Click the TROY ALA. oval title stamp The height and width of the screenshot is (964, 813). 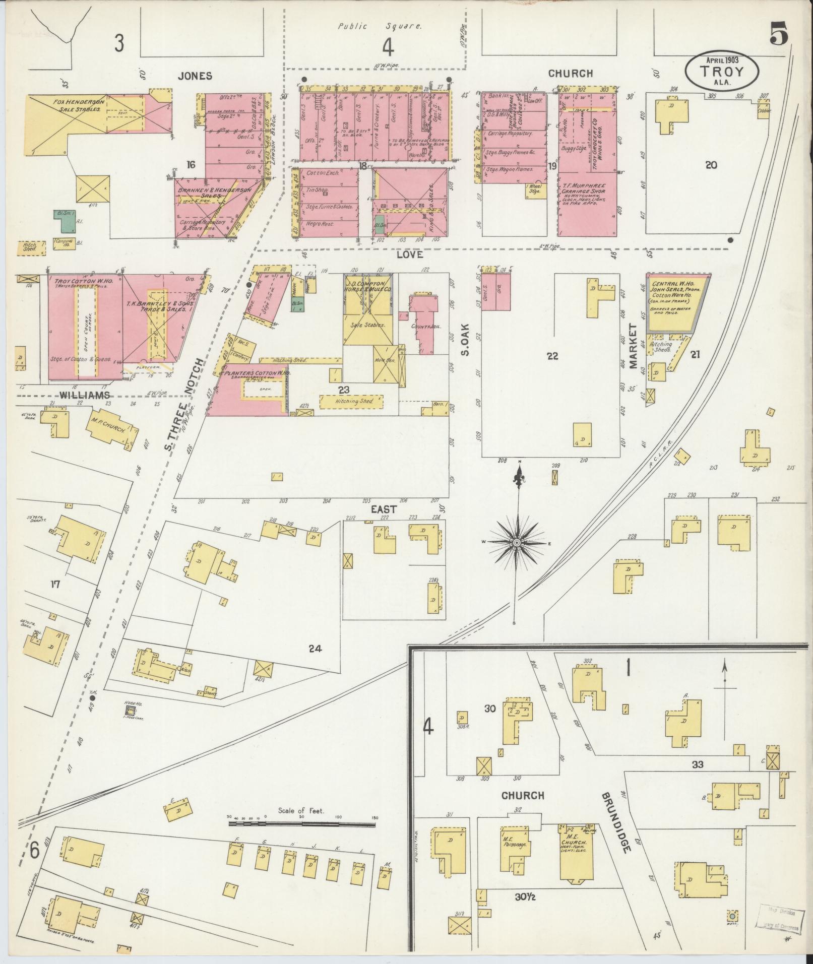[x=722, y=71]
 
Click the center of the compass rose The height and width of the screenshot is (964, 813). [x=517, y=542]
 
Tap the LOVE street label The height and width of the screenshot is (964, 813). [x=409, y=255]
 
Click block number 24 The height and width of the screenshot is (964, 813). [x=315, y=648]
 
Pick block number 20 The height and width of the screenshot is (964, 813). [x=711, y=165]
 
